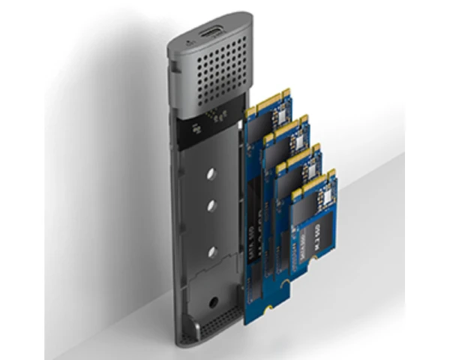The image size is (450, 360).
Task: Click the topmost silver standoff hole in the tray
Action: pos(211,175)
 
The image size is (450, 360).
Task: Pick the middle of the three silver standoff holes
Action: pos(211,212)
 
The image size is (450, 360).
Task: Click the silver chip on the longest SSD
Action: pos(280,115)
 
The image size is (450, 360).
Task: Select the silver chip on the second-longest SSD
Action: pos(299,139)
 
